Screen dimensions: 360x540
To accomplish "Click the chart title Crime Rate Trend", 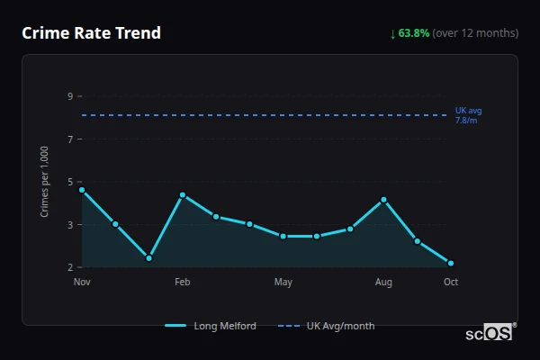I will [91, 33].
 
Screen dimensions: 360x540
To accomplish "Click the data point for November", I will [82, 190].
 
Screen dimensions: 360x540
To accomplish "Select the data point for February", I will [183, 195].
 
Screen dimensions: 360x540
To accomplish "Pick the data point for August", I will [383, 200].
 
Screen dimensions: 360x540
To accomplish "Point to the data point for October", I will [451, 264].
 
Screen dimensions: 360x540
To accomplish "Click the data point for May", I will [283, 236].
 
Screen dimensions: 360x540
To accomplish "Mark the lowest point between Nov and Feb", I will [148, 258].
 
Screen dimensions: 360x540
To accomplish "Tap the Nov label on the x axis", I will [82, 283].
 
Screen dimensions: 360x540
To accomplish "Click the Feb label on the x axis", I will [183, 283].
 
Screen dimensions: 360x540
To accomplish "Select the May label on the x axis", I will [283, 283].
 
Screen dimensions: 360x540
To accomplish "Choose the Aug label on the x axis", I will [383, 283].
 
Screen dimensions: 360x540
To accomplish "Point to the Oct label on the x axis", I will [451, 283].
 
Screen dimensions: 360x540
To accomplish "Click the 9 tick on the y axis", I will [70, 96].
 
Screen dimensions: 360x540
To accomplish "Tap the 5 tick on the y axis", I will [70, 182].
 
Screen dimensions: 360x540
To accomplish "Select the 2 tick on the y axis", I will [70, 267].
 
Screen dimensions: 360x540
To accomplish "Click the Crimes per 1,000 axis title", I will [44, 182].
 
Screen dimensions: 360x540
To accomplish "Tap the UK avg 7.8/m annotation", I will [468, 115].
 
